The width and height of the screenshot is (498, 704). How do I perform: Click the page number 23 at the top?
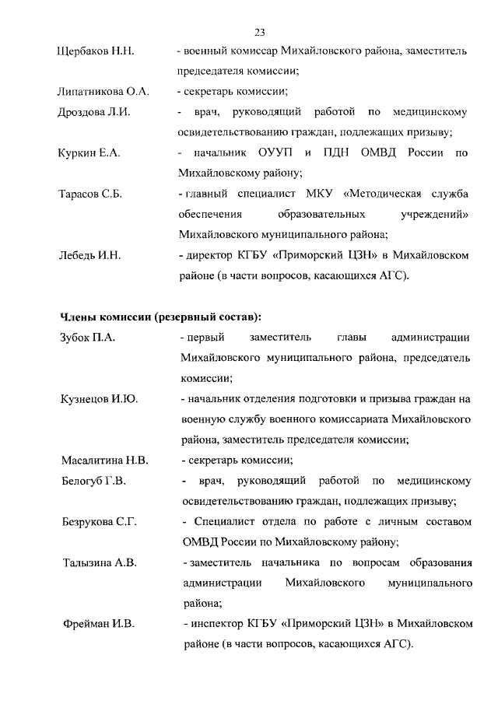(x=260, y=32)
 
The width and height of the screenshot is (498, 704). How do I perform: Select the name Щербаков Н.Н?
(x=96, y=51)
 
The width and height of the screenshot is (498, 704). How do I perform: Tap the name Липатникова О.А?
(x=103, y=92)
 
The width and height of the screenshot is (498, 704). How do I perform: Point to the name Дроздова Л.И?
(x=94, y=112)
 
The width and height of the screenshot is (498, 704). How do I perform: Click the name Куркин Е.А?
(x=89, y=152)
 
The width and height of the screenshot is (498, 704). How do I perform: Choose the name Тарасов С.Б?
(x=91, y=193)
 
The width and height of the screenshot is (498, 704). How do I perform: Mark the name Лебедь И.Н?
(x=91, y=254)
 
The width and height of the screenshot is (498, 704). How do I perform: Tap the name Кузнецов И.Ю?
(x=99, y=399)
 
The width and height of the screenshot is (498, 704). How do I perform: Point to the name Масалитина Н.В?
(x=103, y=460)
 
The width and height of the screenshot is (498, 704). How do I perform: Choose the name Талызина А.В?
(x=100, y=562)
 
